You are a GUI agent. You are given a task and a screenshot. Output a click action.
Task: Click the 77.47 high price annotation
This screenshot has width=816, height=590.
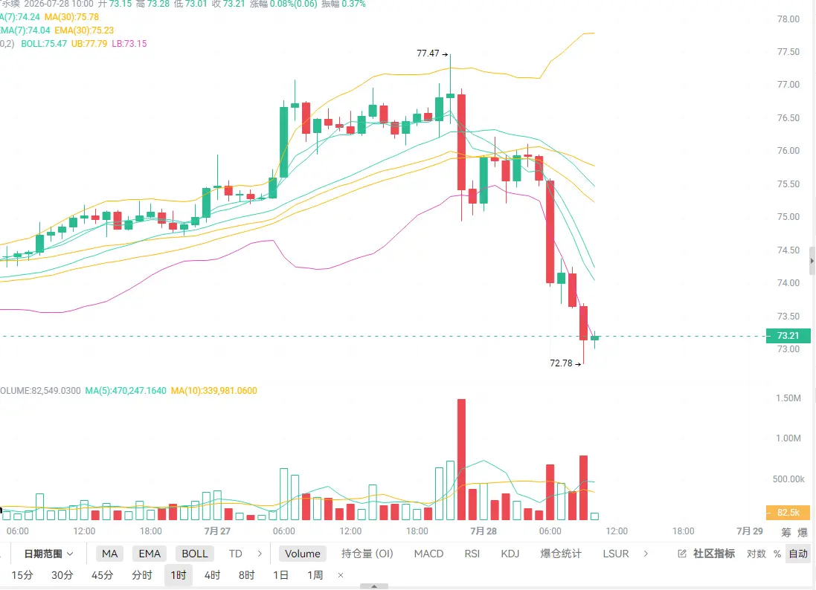coord(432,54)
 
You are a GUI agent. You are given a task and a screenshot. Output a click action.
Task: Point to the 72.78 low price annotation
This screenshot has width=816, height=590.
coord(565,363)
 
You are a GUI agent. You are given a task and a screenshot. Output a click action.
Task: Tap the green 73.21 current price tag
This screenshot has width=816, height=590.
coord(788,336)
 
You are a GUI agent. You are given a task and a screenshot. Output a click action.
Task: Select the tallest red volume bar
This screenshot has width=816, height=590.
coord(462,459)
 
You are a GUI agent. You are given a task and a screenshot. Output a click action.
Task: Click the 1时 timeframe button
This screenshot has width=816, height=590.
coord(179,575)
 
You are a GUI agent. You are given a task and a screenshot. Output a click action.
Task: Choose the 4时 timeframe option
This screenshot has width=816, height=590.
coord(212,575)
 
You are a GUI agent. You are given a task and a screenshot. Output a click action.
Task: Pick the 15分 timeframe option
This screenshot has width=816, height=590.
coord(22,575)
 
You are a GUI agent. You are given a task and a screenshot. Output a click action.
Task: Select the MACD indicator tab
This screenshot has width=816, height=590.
coord(428,554)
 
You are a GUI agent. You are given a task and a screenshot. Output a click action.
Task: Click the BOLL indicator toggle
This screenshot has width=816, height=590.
coord(195,554)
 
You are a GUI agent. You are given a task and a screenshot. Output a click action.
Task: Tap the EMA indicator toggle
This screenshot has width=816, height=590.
coord(150,554)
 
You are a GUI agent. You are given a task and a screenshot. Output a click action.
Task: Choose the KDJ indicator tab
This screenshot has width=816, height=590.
coord(510,554)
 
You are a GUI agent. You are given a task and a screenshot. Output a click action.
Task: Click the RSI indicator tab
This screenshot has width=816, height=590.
coord(472,554)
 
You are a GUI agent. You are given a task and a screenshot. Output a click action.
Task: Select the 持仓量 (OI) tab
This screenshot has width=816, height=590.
coord(367,554)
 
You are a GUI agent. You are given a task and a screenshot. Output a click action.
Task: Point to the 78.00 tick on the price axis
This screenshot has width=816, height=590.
coord(788,19)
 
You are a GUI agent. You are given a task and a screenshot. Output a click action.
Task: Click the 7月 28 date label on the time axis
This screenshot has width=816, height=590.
coord(484,531)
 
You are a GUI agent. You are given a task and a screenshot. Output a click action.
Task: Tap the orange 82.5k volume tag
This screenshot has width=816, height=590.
coord(788,513)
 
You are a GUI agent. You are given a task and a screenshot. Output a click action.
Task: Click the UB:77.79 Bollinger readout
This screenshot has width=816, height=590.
coord(89,44)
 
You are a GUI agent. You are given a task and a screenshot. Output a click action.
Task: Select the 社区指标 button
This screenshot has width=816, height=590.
coord(707,554)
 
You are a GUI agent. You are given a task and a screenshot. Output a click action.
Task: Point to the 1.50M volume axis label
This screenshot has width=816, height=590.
coord(788,398)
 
